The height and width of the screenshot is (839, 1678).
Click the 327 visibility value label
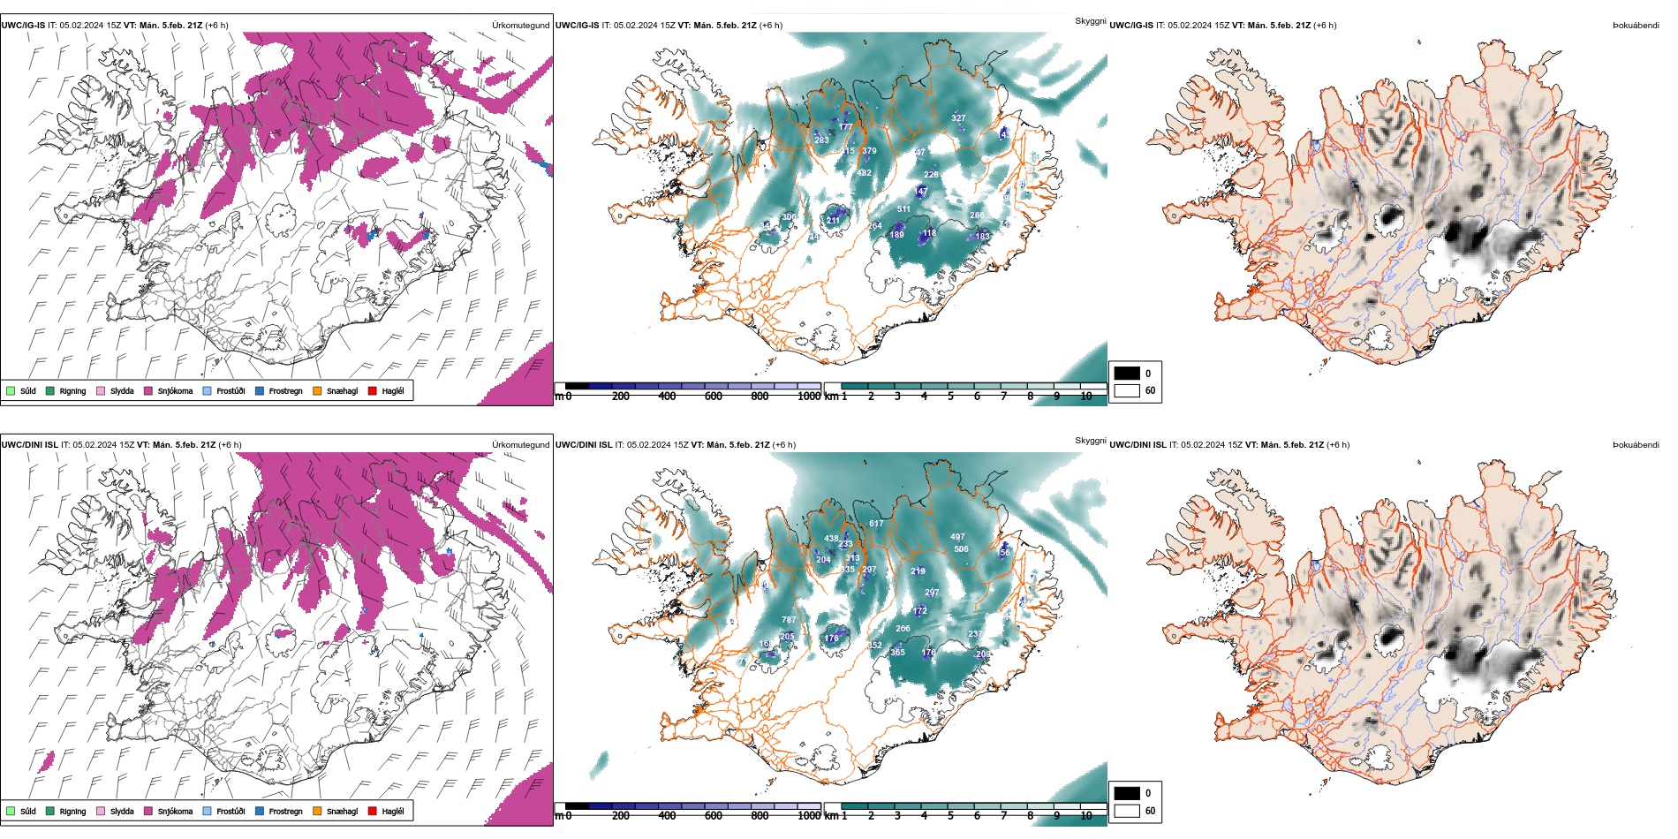(958, 118)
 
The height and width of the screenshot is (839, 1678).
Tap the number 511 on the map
(903, 209)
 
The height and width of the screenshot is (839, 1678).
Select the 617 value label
(876, 524)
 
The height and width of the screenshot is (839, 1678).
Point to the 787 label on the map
(789, 620)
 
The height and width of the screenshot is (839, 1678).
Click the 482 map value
(864, 173)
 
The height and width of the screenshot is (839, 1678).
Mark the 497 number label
(957, 537)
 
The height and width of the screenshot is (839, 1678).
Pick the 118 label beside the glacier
(929, 234)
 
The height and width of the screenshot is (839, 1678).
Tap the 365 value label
(897, 653)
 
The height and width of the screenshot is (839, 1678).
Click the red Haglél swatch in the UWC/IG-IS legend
(373, 391)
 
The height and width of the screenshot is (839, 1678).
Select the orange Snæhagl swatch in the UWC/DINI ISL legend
(317, 812)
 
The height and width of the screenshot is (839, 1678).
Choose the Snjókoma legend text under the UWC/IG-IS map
(175, 391)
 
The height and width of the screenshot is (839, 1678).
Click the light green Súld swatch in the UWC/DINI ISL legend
(11, 812)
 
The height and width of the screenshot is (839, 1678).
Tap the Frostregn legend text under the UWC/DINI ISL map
(285, 812)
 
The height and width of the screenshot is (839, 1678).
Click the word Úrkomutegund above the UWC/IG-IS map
(520, 26)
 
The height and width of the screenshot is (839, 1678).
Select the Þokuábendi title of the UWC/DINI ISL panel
(1636, 445)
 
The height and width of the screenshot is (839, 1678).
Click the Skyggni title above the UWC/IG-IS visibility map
(1090, 21)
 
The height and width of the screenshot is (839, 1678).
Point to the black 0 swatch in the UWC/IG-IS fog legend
(1127, 374)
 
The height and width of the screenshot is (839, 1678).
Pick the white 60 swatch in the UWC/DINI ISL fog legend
(1127, 811)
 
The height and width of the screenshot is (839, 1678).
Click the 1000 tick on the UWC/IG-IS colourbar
(808, 397)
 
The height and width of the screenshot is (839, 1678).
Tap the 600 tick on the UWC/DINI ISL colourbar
(714, 816)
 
